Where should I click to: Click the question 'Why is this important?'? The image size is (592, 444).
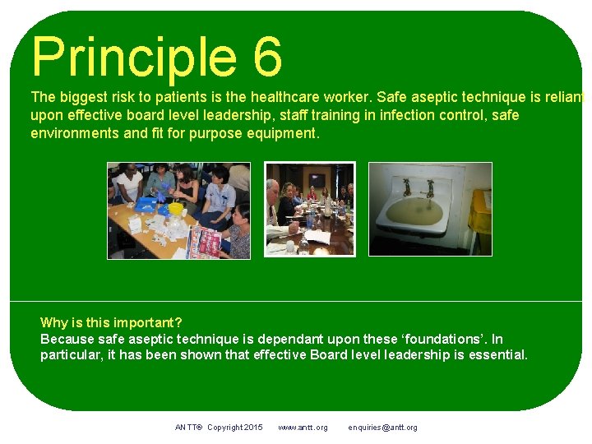(x=111, y=322)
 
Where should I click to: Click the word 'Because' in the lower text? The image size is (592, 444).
(x=66, y=339)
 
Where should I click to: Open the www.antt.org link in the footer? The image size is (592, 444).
(x=303, y=428)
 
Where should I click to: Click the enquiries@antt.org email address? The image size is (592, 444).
(x=382, y=428)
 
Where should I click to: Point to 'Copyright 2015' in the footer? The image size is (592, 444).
(x=235, y=428)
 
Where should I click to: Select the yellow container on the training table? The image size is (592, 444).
(x=174, y=210)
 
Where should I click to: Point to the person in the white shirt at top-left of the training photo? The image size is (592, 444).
(x=128, y=183)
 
